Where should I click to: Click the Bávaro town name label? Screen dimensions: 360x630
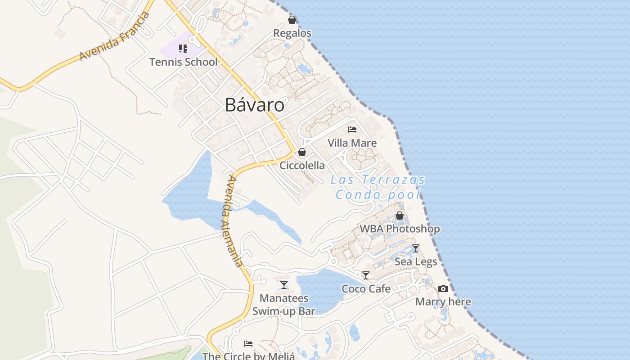(x=255, y=105)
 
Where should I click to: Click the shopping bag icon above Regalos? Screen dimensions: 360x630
(x=292, y=20)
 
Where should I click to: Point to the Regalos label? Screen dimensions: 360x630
(x=292, y=33)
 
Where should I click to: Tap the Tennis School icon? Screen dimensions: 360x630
(x=183, y=48)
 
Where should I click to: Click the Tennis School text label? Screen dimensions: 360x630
(x=183, y=62)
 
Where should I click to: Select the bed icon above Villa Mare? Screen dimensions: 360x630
(x=352, y=130)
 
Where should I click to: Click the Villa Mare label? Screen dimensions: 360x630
(x=352, y=143)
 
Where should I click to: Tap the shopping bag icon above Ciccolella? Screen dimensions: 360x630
(x=302, y=152)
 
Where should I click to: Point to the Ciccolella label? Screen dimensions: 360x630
(x=302, y=166)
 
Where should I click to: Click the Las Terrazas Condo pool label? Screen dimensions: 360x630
(x=378, y=187)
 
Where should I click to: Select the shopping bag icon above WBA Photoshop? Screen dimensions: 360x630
(x=399, y=216)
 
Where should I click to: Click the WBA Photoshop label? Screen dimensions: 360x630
(x=400, y=229)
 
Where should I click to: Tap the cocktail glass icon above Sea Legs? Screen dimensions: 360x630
(x=416, y=248)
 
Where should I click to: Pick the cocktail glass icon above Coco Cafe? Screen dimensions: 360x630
(x=366, y=275)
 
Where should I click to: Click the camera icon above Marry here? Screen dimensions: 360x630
(x=443, y=288)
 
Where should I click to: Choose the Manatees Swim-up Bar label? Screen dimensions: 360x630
(x=284, y=304)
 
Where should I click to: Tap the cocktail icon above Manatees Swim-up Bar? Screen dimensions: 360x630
(x=284, y=285)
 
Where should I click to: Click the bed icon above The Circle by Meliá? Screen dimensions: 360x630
(x=248, y=344)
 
